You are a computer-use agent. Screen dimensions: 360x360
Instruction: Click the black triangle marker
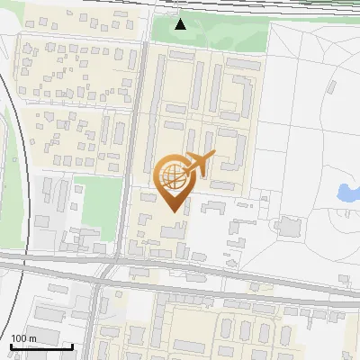(181, 23)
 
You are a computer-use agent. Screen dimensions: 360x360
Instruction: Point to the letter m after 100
(31, 338)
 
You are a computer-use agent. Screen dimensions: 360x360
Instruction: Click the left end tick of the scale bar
(10, 346)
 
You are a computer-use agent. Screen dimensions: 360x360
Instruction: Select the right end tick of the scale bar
(73, 346)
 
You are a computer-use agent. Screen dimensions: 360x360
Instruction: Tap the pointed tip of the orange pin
(173, 211)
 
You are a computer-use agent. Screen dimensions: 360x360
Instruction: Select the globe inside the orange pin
(172, 175)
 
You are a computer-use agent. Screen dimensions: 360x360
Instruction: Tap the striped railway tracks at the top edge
(270, 4)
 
